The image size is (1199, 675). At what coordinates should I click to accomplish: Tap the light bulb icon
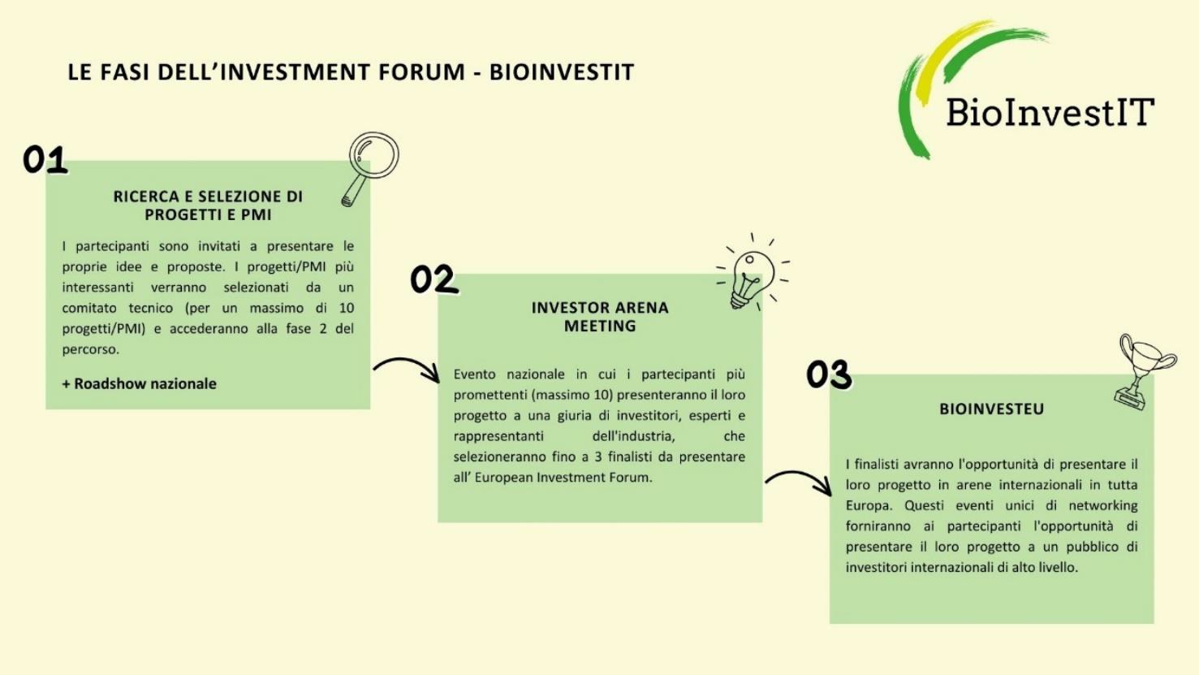tap(752, 273)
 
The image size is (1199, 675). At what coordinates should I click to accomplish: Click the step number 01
tap(45, 160)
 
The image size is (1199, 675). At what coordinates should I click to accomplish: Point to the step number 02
tap(434, 279)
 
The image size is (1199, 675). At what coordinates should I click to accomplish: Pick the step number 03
tap(829, 374)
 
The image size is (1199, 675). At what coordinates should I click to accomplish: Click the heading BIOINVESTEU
tap(992, 409)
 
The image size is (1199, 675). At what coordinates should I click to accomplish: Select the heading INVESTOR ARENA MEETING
tap(600, 317)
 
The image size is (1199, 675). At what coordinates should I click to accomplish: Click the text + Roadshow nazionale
tap(139, 383)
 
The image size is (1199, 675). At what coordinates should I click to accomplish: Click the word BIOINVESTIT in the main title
tap(562, 72)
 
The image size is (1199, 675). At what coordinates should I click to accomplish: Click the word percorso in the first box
tap(90, 350)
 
